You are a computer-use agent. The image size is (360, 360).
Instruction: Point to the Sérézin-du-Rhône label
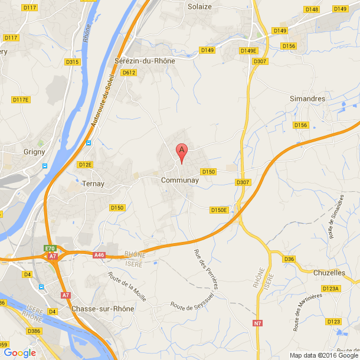145,61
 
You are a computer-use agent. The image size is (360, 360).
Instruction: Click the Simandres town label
307,99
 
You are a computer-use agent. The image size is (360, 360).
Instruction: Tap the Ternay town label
93,184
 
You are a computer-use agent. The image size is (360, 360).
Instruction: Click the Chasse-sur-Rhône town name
103,309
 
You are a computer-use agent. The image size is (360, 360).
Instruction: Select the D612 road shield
129,73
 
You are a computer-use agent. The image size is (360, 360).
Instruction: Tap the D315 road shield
73,61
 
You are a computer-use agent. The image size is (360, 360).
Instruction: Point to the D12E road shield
86,165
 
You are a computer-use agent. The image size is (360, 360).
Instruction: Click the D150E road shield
219,210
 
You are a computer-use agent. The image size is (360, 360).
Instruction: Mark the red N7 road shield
258,323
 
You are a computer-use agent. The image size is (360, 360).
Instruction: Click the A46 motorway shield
99,255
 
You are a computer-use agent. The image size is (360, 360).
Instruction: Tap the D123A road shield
331,289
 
